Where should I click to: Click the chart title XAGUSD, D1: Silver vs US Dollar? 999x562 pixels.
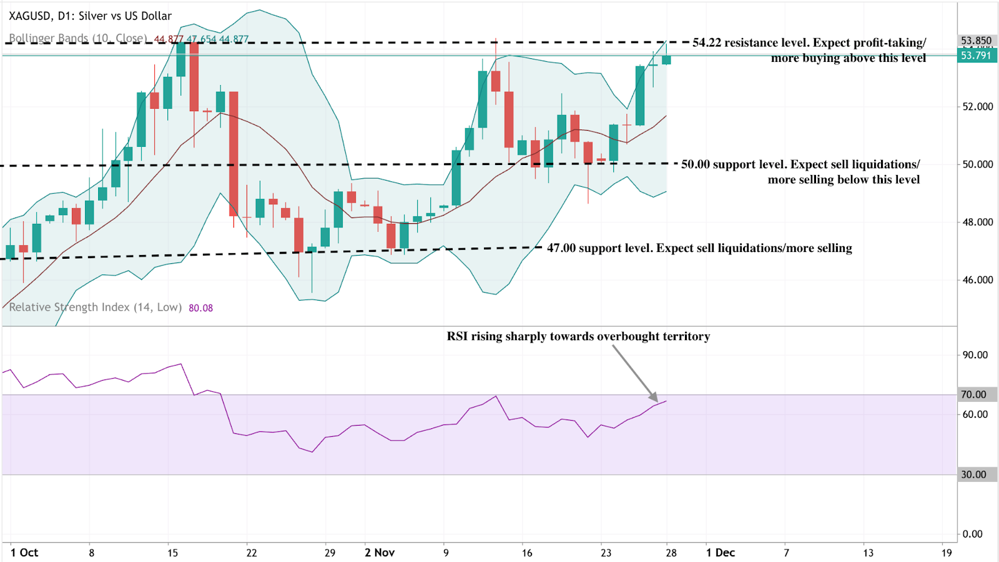[90, 16]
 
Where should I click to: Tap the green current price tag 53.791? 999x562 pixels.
[976, 56]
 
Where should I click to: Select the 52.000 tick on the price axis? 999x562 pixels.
[977, 107]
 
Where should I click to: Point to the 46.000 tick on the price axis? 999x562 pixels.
[977, 280]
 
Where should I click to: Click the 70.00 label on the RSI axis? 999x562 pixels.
[973, 394]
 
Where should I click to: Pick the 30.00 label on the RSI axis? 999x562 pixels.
[973, 474]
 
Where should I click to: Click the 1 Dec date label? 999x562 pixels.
[720, 553]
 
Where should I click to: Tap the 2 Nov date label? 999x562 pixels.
[380, 553]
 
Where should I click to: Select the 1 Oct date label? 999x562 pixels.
[24, 553]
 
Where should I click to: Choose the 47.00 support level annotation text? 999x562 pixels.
[699, 248]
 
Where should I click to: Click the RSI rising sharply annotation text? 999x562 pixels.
[578, 336]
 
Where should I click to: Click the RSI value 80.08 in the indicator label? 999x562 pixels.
[200, 308]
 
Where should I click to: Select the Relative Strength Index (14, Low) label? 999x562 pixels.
[95, 308]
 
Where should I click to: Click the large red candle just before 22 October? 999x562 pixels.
[234, 153]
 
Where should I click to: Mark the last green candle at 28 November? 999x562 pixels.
[666, 60]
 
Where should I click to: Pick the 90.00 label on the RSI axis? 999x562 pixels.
[975, 355]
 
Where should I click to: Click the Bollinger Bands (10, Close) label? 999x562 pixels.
[77, 38]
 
